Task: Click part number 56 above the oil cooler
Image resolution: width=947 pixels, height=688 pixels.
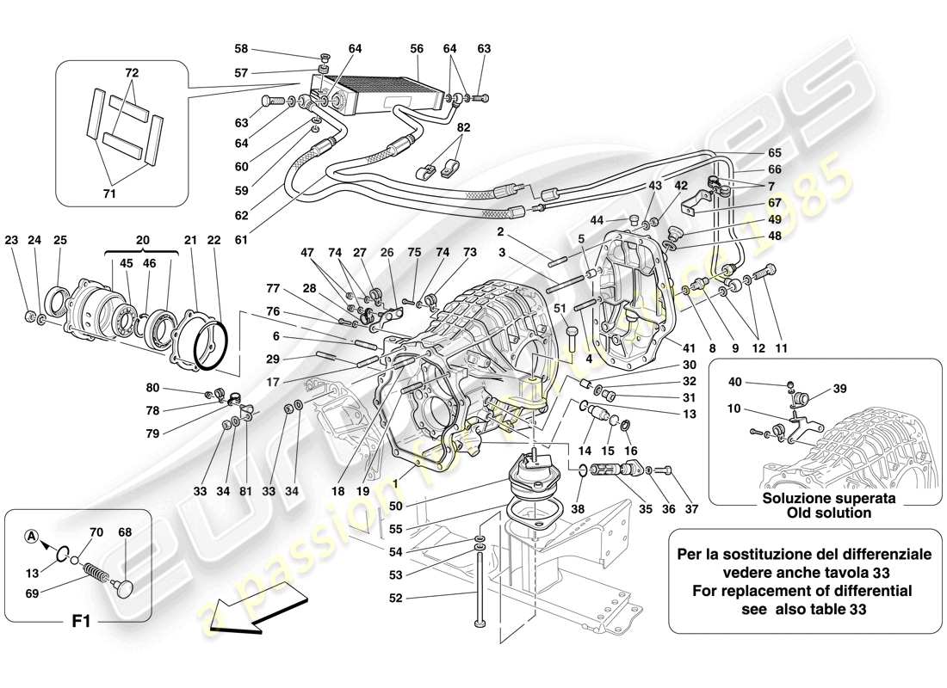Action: point(417,50)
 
